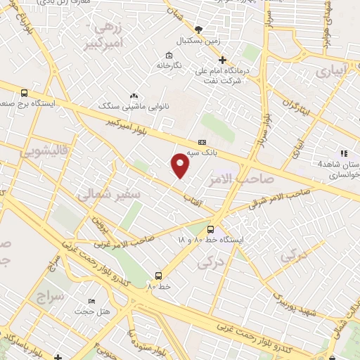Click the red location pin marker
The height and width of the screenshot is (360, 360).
coord(181,165)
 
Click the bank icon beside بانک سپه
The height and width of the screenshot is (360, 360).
coord(202,141)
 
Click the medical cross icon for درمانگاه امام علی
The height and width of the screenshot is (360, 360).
coord(222,60)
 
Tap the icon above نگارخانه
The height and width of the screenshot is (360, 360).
coord(168,56)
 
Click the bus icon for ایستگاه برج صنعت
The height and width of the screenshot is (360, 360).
coord(25,93)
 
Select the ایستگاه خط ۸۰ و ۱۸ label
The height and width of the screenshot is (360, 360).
coord(210,240)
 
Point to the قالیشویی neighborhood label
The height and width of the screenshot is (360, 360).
coord(25,151)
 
